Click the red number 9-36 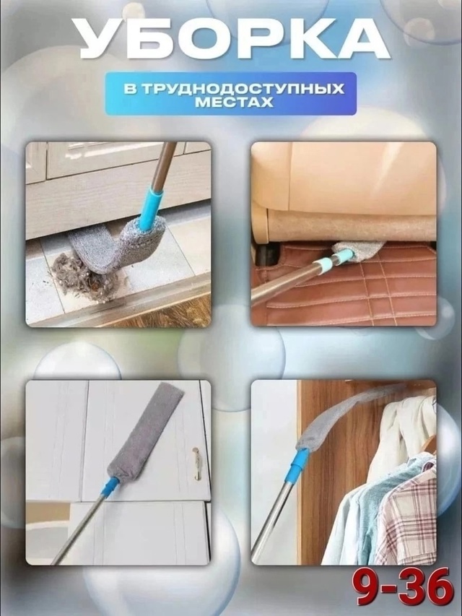pyautogui.click(x=405, y=586)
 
